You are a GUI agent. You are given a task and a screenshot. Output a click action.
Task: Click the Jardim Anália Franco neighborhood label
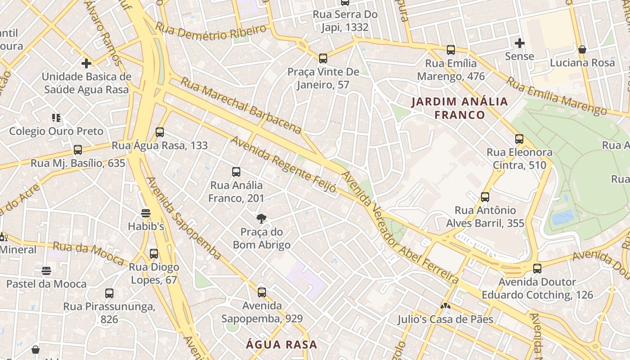tap(459, 108)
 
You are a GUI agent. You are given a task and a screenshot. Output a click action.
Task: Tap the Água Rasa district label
tap(281, 345)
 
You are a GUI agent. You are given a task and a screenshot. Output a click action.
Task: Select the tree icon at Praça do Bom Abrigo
tap(261, 219)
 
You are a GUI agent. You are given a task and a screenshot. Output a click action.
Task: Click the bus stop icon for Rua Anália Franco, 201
tap(236, 172)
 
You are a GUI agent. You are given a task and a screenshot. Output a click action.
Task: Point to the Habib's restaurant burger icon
tap(145, 213)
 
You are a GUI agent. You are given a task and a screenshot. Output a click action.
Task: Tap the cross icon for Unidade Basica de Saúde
tap(86, 63)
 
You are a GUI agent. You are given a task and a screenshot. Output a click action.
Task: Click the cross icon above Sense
tap(520, 44)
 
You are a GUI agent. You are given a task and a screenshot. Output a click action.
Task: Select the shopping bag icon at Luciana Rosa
tap(582, 49)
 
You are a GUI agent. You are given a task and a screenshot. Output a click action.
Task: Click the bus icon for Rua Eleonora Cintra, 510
tap(519, 139)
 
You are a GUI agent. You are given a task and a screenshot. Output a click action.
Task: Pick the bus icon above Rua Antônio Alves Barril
tap(485, 197)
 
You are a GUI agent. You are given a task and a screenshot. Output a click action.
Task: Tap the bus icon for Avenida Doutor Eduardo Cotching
tap(537, 269)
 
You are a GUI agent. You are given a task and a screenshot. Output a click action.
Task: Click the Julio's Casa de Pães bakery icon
tap(445, 306)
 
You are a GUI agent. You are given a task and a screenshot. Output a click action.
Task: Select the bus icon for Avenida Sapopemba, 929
tap(262, 292)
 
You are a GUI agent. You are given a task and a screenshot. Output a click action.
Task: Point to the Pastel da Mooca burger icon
tap(46, 270)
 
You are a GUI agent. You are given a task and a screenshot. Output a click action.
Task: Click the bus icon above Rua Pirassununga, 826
tap(109, 293)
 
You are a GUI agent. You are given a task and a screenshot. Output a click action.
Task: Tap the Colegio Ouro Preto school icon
tap(56, 118)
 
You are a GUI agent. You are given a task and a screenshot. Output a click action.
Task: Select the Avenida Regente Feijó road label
tap(283, 165)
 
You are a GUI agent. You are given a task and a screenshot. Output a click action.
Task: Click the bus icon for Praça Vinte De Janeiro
tap(323, 58)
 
